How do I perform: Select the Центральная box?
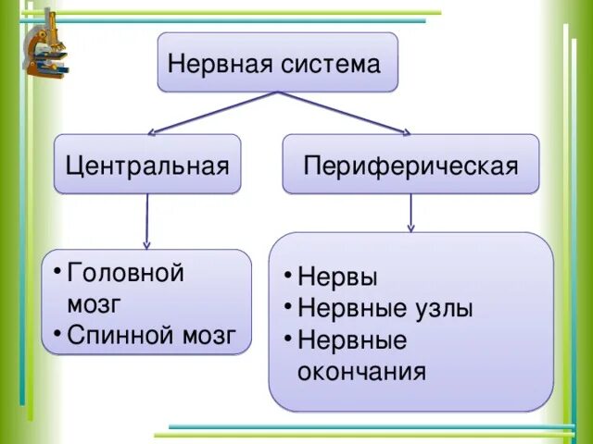147,165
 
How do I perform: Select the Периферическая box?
410,165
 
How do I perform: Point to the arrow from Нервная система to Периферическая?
344,113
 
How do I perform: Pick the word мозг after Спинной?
207,334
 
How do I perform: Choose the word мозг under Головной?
94,303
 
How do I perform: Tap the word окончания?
361,372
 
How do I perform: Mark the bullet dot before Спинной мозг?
57,333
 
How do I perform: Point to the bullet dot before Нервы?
289,277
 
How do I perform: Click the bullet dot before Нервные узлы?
289,307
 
